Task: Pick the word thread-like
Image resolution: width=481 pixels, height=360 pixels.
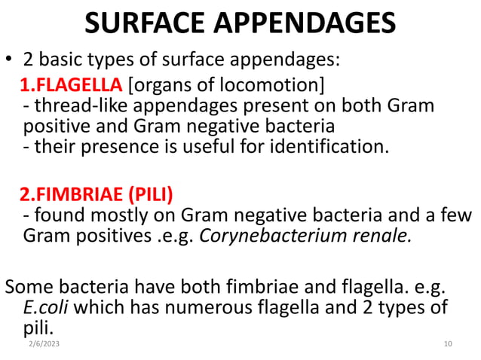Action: (x=75, y=105)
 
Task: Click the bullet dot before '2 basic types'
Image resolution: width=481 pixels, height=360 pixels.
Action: (x=10, y=59)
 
